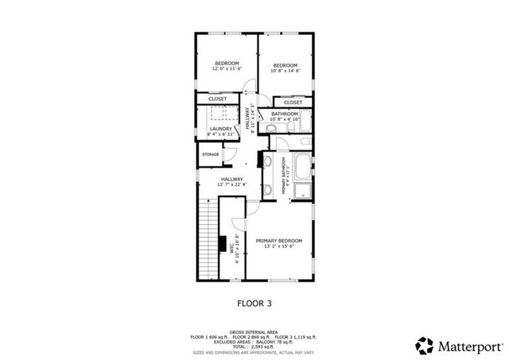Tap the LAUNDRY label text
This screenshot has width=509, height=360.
221,129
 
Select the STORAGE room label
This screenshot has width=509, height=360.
210,153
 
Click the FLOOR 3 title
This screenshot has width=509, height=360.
254,302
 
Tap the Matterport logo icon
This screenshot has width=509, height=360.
424,345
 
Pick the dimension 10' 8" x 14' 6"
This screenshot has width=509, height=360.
286,70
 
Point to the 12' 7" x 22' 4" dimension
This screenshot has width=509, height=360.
232,184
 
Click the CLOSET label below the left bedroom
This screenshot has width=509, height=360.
217,99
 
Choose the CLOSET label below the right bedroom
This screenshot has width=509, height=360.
293,102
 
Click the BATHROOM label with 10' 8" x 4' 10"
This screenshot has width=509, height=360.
285,114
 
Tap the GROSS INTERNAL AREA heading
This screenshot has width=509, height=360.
254,331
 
